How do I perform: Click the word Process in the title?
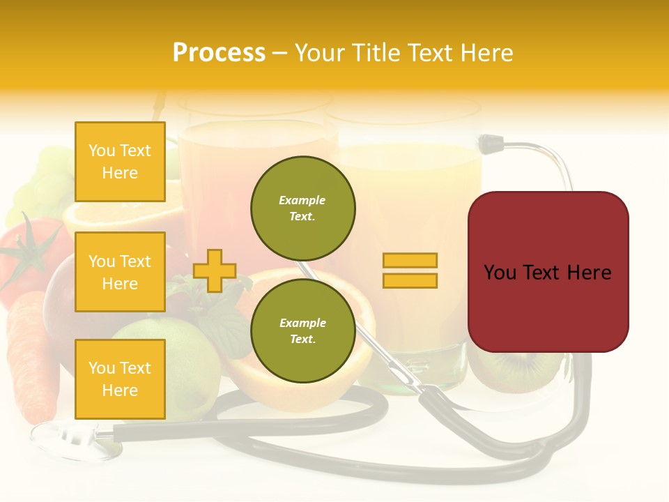[219, 53]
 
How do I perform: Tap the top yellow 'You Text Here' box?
[120, 162]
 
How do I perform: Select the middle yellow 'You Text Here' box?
[120, 272]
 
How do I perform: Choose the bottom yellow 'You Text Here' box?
[120, 379]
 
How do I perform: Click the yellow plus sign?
[214, 271]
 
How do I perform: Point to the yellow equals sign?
[410, 271]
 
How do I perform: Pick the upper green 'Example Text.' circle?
[302, 208]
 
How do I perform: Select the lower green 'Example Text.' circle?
[302, 330]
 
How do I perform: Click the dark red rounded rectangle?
[548, 272]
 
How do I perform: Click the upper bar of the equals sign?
[410, 261]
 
